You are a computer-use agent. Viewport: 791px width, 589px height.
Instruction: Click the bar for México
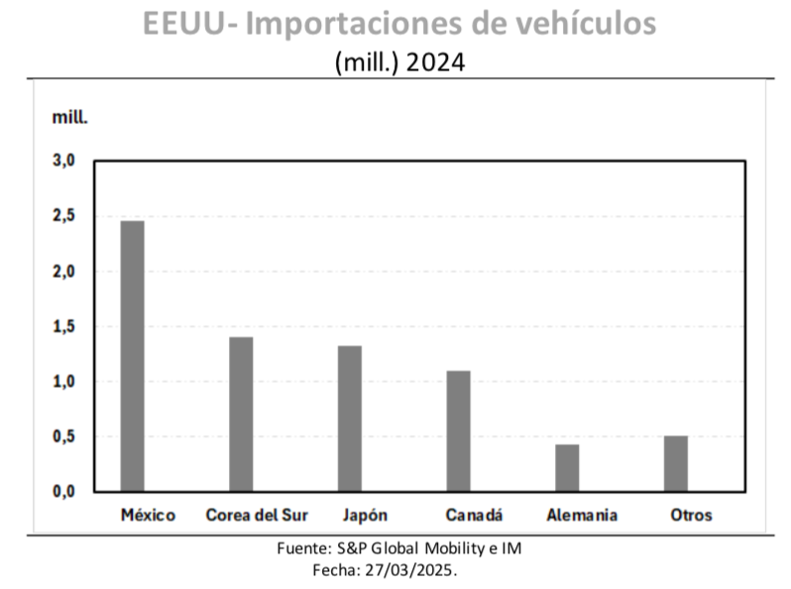[132, 355]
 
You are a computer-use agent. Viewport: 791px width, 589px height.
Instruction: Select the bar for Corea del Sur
[241, 413]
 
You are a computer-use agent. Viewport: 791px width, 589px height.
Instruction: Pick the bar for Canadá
[458, 430]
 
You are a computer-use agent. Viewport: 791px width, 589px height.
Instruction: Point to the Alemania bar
[567, 467]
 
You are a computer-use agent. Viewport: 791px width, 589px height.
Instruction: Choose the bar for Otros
[676, 463]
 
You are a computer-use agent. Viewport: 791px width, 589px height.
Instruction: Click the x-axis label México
[148, 516]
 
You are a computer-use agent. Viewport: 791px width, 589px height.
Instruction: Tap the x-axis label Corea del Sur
[257, 516]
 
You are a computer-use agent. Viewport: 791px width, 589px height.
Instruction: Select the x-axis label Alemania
[582, 516]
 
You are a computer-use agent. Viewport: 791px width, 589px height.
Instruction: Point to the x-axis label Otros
[691, 516]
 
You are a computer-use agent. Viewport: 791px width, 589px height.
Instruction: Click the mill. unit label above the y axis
[70, 116]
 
